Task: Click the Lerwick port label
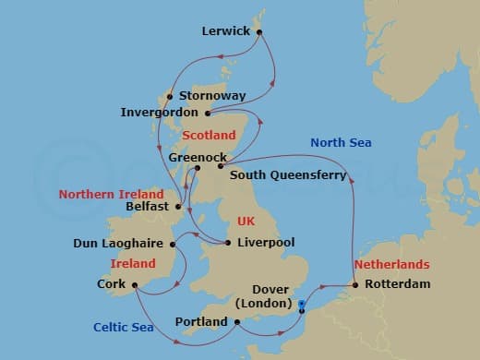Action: pyautogui.click(x=226, y=31)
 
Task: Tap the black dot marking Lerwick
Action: pyautogui.click(x=260, y=32)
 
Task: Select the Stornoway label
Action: pyautogui.click(x=212, y=95)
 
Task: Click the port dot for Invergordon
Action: pyautogui.click(x=208, y=114)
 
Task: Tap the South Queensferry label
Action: pyautogui.click(x=288, y=174)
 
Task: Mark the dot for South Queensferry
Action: pyautogui.click(x=221, y=166)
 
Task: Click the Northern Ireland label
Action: pyautogui.click(x=111, y=195)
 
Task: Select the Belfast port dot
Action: pyautogui.click(x=178, y=207)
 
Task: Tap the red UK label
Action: pyautogui.click(x=245, y=222)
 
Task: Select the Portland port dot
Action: pyautogui.click(x=237, y=321)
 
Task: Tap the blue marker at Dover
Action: pyautogui.click(x=303, y=302)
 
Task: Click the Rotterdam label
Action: pyautogui.click(x=397, y=284)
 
